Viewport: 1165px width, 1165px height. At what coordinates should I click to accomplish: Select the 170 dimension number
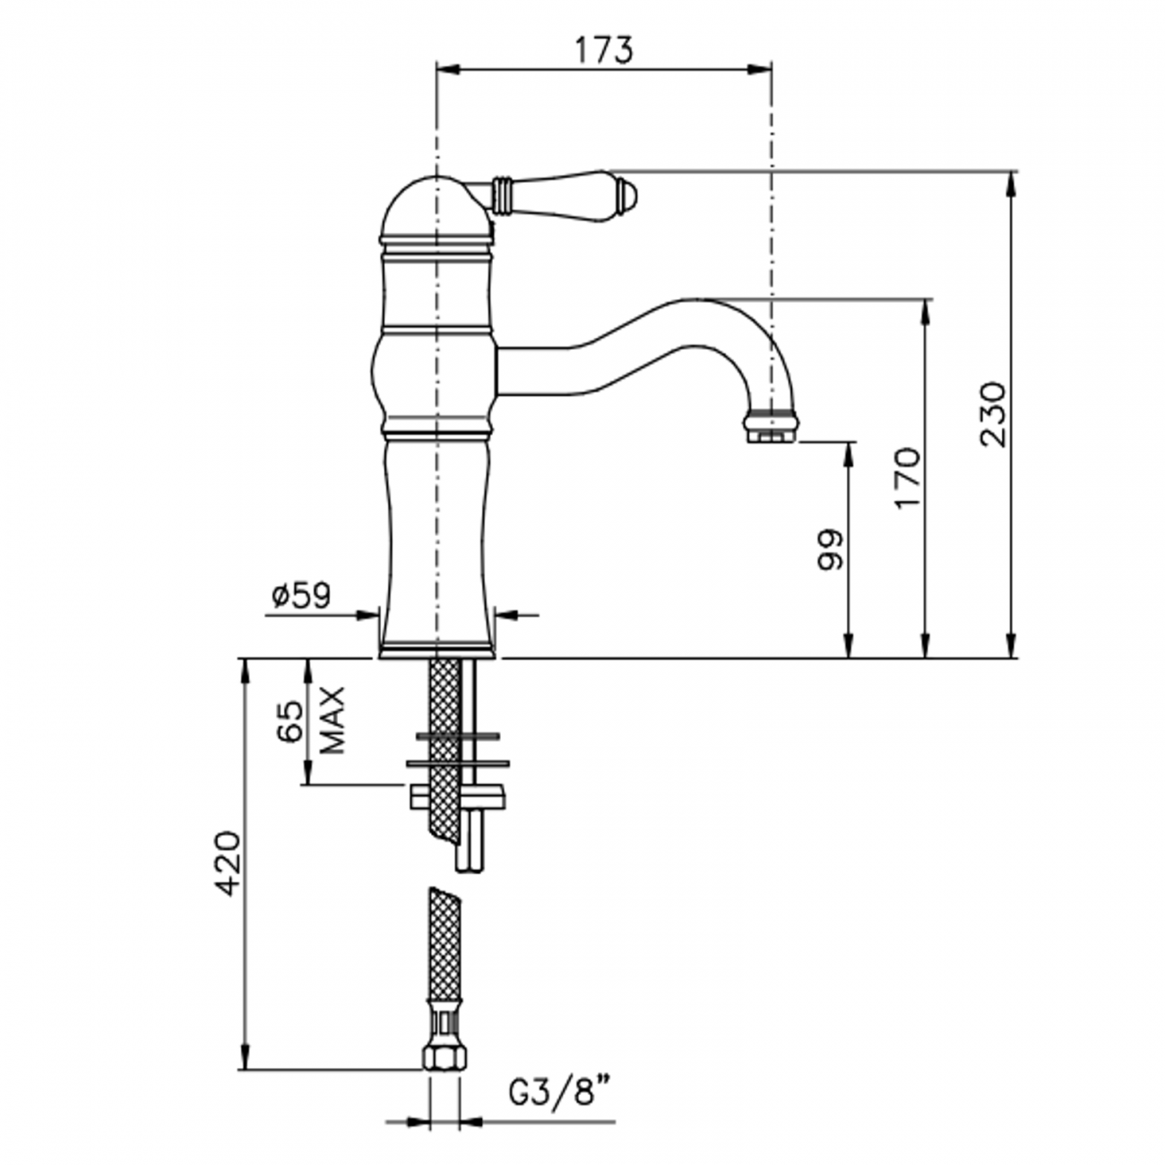(908, 477)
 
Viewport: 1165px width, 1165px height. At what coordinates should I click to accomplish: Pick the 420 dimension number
(228, 864)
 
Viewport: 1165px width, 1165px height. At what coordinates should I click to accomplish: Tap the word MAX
(332, 721)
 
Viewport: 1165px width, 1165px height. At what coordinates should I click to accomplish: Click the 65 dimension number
(289, 721)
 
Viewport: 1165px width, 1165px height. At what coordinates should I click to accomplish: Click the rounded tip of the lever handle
(630, 194)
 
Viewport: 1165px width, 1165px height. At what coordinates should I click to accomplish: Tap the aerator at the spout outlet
(771, 424)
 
